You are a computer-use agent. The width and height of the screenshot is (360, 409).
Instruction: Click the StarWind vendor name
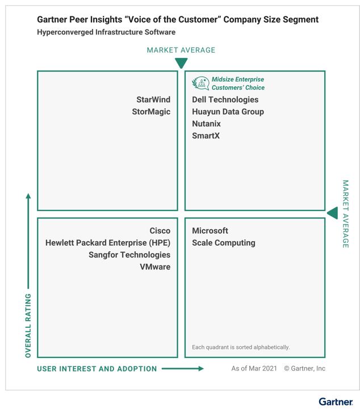pyautogui.click(x=153, y=100)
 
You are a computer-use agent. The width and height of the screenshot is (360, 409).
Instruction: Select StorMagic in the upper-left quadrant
pyautogui.click(x=151, y=112)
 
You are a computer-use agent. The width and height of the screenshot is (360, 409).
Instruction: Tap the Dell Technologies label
pyautogui.click(x=225, y=100)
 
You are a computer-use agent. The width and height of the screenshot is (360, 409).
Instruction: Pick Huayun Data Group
pyautogui.click(x=228, y=112)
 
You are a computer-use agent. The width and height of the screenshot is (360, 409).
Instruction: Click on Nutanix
pyautogui.click(x=206, y=124)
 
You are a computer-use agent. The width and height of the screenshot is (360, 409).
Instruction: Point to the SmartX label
pyautogui.click(x=206, y=136)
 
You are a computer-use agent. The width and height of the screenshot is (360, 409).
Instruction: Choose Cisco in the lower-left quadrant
pyautogui.click(x=160, y=230)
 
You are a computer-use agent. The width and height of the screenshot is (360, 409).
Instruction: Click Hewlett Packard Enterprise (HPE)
pyautogui.click(x=108, y=243)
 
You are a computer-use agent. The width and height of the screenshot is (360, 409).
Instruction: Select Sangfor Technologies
pyautogui.click(x=129, y=255)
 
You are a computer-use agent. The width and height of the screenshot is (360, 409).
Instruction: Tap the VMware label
pyautogui.click(x=155, y=267)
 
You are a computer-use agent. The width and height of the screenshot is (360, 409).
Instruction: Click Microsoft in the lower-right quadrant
pyautogui.click(x=210, y=230)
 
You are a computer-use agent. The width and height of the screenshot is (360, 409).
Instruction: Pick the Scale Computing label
pyautogui.click(x=224, y=243)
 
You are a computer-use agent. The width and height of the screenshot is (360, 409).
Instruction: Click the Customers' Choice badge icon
pyautogui.click(x=200, y=83)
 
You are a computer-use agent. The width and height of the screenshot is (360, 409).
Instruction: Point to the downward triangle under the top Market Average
pyautogui.click(x=181, y=63)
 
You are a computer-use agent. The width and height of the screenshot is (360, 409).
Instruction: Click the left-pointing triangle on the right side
pyautogui.click(x=332, y=213)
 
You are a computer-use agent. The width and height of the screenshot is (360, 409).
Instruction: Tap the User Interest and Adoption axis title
pyautogui.click(x=97, y=369)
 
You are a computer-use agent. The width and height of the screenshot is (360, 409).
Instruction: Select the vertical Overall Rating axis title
pyautogui.click(x=28, y=326)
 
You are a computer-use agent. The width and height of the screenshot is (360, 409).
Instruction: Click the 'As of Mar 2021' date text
pyautogui.click(x=254, y=368)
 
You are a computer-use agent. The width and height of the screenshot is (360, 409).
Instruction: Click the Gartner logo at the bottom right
pyautogui.click(x=336, y=402)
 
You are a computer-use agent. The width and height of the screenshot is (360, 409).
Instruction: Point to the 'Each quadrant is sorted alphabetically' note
pyautogui.click(x=241, y=347)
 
